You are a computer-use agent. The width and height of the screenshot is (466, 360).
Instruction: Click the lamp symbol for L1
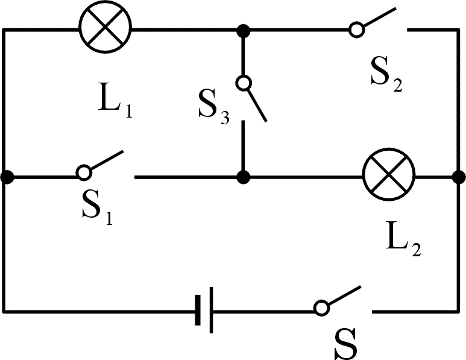[105, 28]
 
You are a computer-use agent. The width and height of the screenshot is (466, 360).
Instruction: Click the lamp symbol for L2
[389, 177]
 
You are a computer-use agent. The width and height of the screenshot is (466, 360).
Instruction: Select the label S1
[97, 208]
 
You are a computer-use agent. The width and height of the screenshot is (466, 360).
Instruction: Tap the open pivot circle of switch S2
[356, 29]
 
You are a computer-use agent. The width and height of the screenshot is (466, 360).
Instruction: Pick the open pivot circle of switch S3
[243, 83]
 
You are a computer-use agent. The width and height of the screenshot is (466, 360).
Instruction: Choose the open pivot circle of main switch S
[321, 308]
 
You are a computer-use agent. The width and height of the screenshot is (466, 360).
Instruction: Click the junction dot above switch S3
[243, 29]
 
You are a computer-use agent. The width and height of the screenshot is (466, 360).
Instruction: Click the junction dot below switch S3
[243, 177]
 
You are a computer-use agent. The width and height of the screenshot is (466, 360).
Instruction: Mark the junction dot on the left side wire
[7, 177]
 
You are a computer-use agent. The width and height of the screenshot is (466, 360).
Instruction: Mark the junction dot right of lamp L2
[458, 177]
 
